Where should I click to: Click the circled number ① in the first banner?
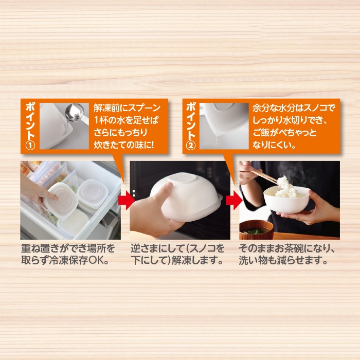[30, 146]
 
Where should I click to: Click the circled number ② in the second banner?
[191, 145]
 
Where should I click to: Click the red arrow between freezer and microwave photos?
[127, 200]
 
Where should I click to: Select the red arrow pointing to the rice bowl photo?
[234, 200]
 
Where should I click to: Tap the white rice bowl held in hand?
[286, 200]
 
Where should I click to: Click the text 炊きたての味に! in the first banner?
[124, 145]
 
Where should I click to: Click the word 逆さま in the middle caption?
[145, 248]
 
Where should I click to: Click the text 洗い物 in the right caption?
[253, 260]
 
